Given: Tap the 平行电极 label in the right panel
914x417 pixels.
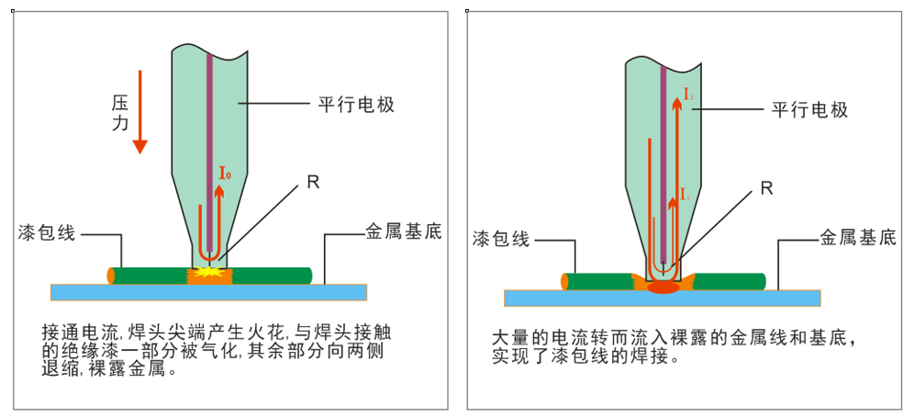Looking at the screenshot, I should (x=808, y=109).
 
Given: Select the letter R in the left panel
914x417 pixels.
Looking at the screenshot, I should (x=313, y=182).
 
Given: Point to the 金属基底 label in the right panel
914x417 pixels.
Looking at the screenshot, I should (x=857, y=238).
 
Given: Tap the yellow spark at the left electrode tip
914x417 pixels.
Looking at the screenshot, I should (x=208, y=274).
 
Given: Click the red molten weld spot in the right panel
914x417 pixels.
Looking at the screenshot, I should (x=663, y=287).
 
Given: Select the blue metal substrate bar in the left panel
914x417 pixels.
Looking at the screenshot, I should (x=208, y=292).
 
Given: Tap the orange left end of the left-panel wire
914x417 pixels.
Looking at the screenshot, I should (x=111, y=275).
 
